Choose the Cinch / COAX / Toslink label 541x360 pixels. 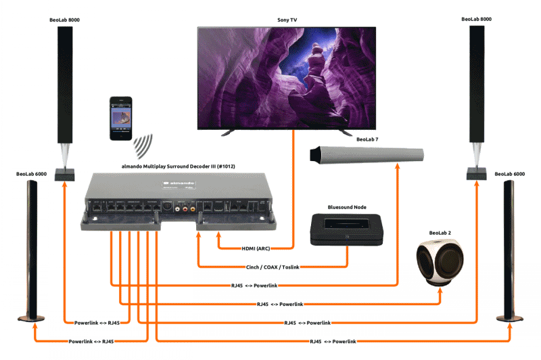click(x=273, y=267)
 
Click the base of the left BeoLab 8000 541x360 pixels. click(x=65, y=172)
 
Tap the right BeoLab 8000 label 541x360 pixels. click(x=476, y=20)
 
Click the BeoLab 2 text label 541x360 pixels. click(x=440, y=233)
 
